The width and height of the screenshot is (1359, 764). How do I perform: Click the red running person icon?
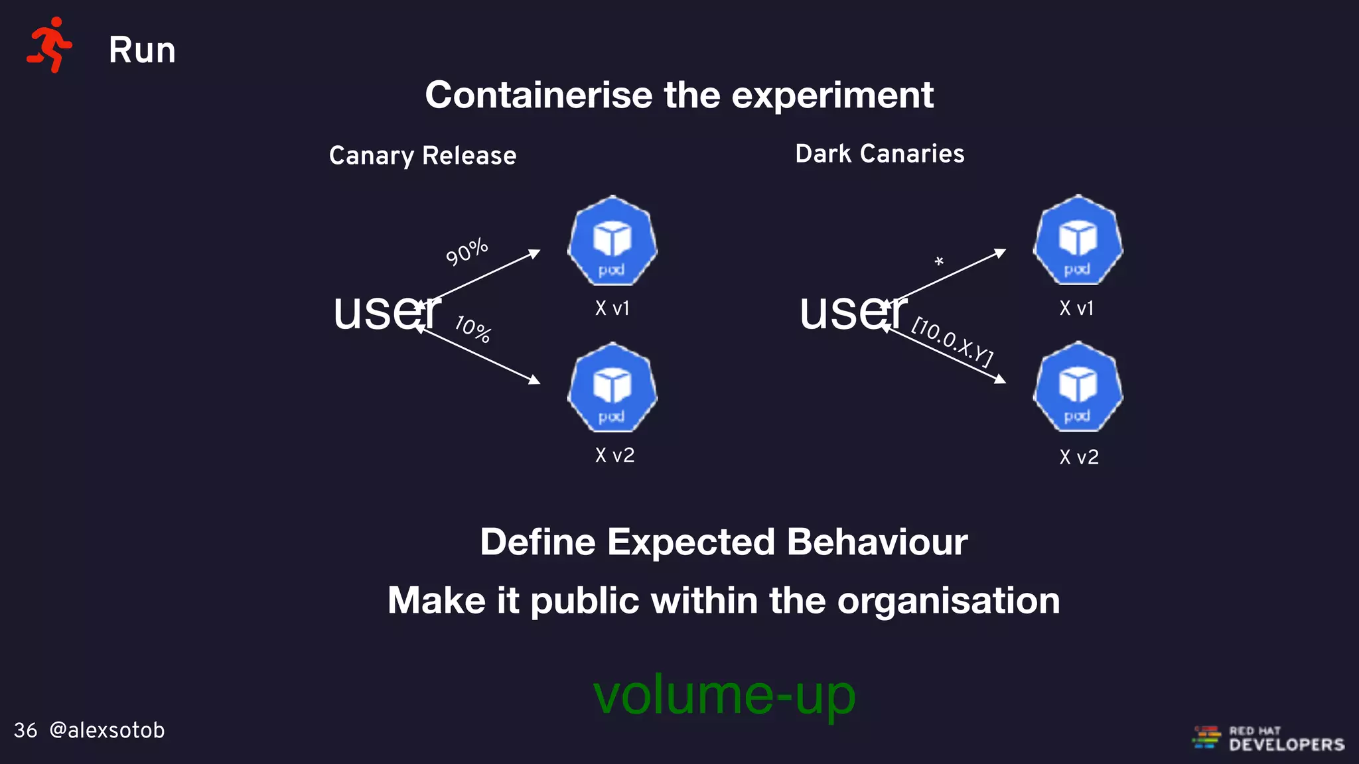(x=49, y=45)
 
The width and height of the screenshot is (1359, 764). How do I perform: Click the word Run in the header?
(x=142, y=50)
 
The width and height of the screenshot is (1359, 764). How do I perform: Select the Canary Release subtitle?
(x=423, y=156)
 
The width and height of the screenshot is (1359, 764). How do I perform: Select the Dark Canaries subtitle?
(x=879, y=154)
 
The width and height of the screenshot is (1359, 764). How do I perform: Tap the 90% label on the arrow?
(x=466, y=252)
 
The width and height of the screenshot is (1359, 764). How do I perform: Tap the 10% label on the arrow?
(x=473, y=329)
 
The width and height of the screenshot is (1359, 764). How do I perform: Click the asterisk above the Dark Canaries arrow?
(x=939, y=262)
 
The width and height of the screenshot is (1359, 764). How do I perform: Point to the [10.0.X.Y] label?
(x=953, y=342)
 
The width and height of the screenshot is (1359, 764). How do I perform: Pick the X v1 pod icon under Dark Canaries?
(x=1078, y=241)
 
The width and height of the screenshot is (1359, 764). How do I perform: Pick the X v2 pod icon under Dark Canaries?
(x=1078, y=387)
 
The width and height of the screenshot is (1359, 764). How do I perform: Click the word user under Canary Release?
(x=386, y=312)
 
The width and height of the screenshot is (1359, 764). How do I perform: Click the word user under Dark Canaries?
(x=853, y=312)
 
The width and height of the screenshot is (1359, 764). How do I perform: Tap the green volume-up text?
(x=724, y=695)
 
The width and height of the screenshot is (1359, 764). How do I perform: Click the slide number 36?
(x=25, y=730)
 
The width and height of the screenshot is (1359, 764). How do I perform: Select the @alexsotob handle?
(x=107, y=730)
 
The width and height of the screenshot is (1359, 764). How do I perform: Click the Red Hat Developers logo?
(x=1269, y=738)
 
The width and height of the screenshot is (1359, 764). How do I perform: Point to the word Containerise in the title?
(x=539, y=95)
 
